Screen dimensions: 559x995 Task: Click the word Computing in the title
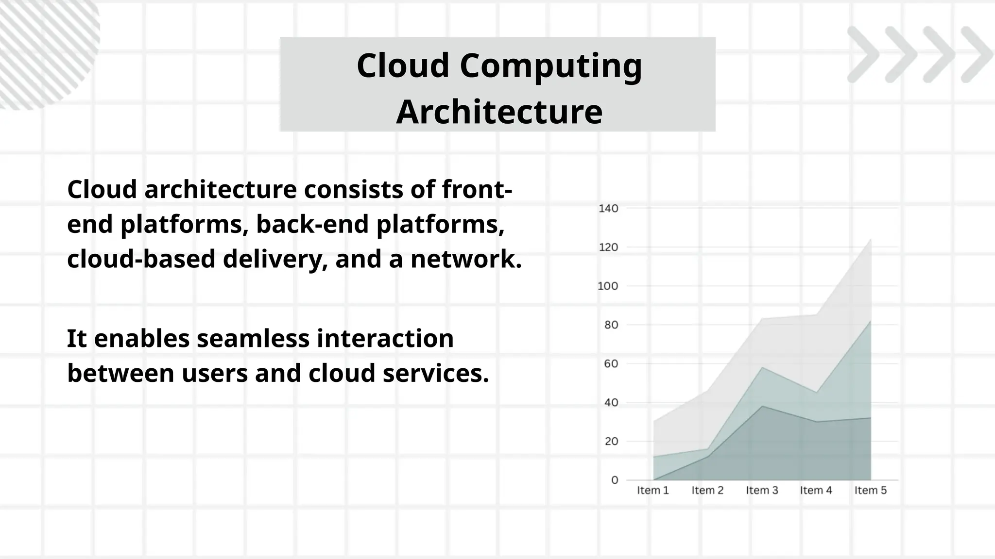click(551, 66)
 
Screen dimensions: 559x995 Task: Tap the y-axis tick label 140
click(608, 209)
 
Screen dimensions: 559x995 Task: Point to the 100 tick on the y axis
click(608, 286)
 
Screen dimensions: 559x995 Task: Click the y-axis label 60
click(611, 364)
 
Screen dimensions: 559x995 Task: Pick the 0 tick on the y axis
click(615, 480)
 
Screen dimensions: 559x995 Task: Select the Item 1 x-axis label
click(653, 491)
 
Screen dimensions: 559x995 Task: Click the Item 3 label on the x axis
click(762, 491)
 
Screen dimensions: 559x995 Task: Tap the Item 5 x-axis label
click(870, 491)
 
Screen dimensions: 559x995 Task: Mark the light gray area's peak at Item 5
click(870, 239)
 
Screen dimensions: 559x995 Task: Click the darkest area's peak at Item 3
click(762, 406)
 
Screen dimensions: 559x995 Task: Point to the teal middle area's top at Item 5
click(870, 321)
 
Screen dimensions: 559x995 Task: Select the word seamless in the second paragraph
click(253, 339)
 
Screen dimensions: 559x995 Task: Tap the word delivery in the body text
click(272, 259)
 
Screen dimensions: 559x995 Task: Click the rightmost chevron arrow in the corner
click(977, 54)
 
